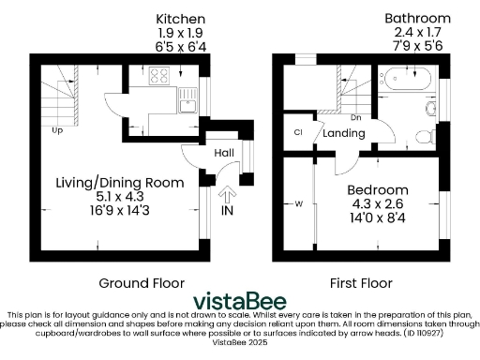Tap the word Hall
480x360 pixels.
tap(224, 153)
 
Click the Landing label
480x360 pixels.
tap(343, 134)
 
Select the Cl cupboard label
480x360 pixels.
tap(298, 133)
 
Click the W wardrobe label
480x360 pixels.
tap(298, 202)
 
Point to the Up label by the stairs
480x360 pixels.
tap(58, 130)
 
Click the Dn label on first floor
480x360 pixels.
tap(355, 118)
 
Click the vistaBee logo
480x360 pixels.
tap(240, 300)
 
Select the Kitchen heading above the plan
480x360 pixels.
tap(181, 19)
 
